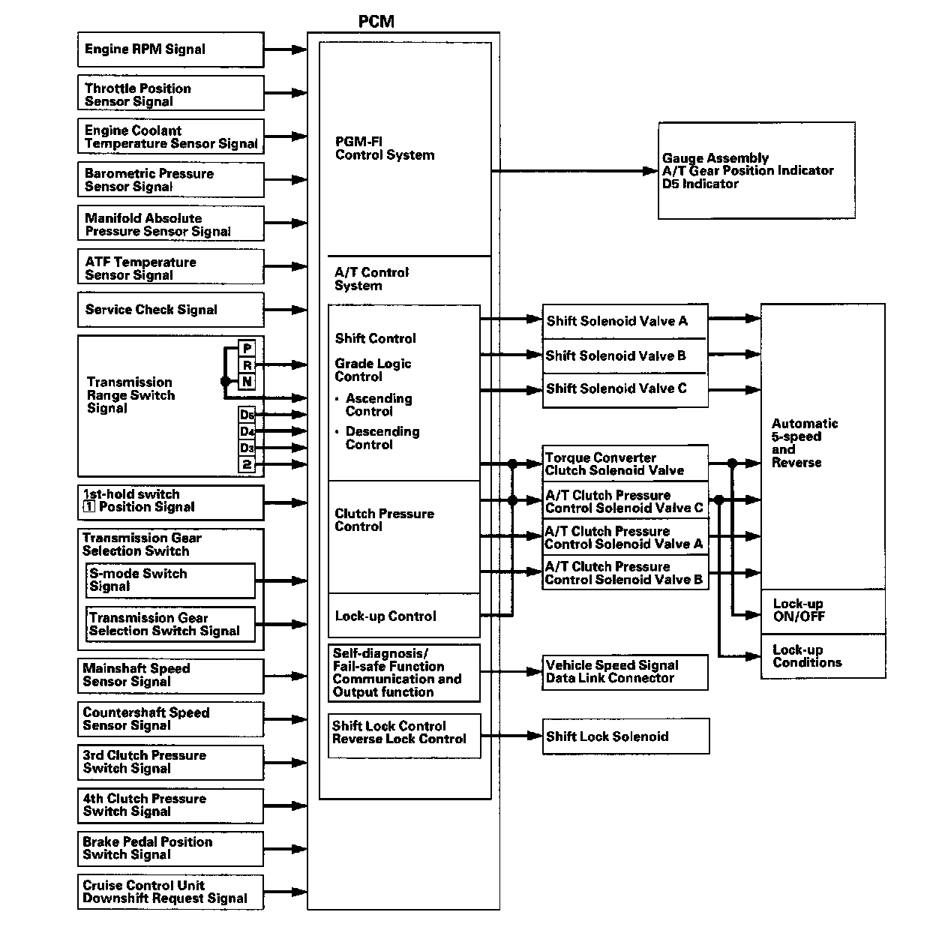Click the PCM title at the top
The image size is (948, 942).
click(376, 21)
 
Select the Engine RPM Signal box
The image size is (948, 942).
click(170, 49)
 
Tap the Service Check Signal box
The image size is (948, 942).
click(170, 310)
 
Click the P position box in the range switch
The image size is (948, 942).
click(247, 349)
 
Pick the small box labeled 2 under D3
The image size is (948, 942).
click(247, 465)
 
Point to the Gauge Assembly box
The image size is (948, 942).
click(756, 171)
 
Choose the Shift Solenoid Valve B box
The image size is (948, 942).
click(625, 355)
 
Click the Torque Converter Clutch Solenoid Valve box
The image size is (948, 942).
click(625, 464)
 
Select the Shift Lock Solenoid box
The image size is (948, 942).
click(625, 736)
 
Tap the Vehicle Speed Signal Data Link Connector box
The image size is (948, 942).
click(625, 672)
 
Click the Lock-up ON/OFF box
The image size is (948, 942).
click(823, 610)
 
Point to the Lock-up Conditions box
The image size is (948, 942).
click(823, 656)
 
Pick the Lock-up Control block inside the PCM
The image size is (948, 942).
click(403, 616)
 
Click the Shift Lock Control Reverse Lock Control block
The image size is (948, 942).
click(403, 733)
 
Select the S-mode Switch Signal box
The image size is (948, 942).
click(171, 580)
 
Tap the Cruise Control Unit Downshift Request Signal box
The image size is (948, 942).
click(170, 892)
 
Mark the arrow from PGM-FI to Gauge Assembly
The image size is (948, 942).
click(574, 171)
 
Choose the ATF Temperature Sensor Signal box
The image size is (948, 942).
click(170, 268)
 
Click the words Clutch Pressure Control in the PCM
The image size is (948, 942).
click(384, 520)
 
